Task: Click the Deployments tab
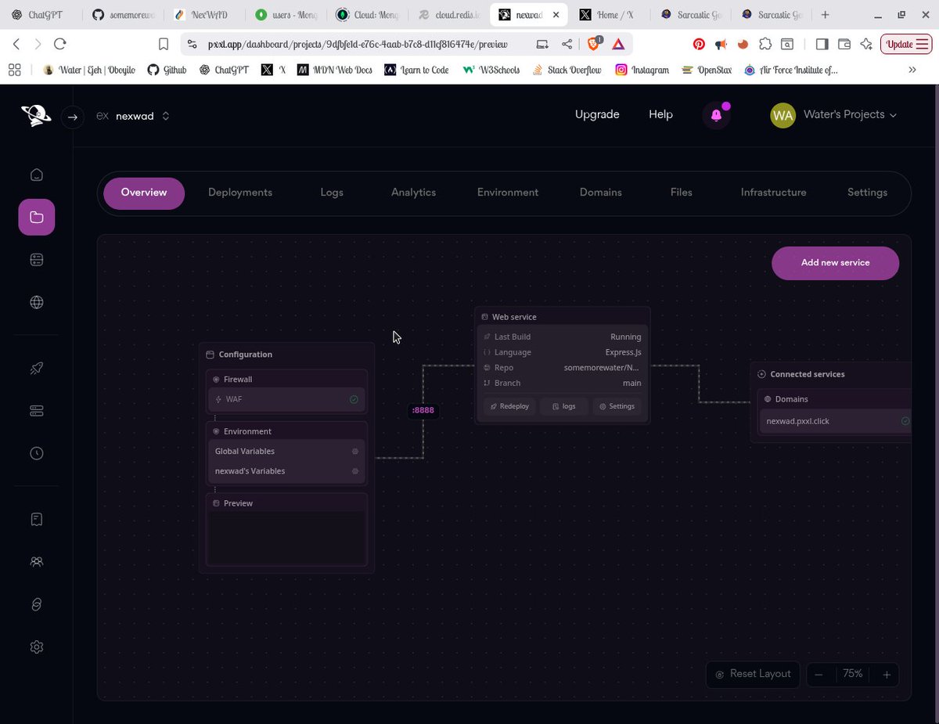(x=240, y=193)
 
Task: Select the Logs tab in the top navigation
(x=332, y=193)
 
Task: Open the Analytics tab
(x=413, y=193)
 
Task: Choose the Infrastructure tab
(x=773, y=193)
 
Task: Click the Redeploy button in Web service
(x=509, y=406)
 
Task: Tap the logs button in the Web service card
(x=563, y=406)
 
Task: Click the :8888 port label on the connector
(x=423, y=410)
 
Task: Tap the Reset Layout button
(x=753, y=674)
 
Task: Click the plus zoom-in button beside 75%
(x=887, y=675)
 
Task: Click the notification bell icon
(x=716, y=115)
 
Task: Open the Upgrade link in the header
(x=597, y=114)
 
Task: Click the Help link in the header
(x=660, y=114)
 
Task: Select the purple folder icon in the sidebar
(x=37, y=218)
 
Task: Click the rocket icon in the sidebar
(x=37, y=368)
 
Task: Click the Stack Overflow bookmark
(x=567, y=70)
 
